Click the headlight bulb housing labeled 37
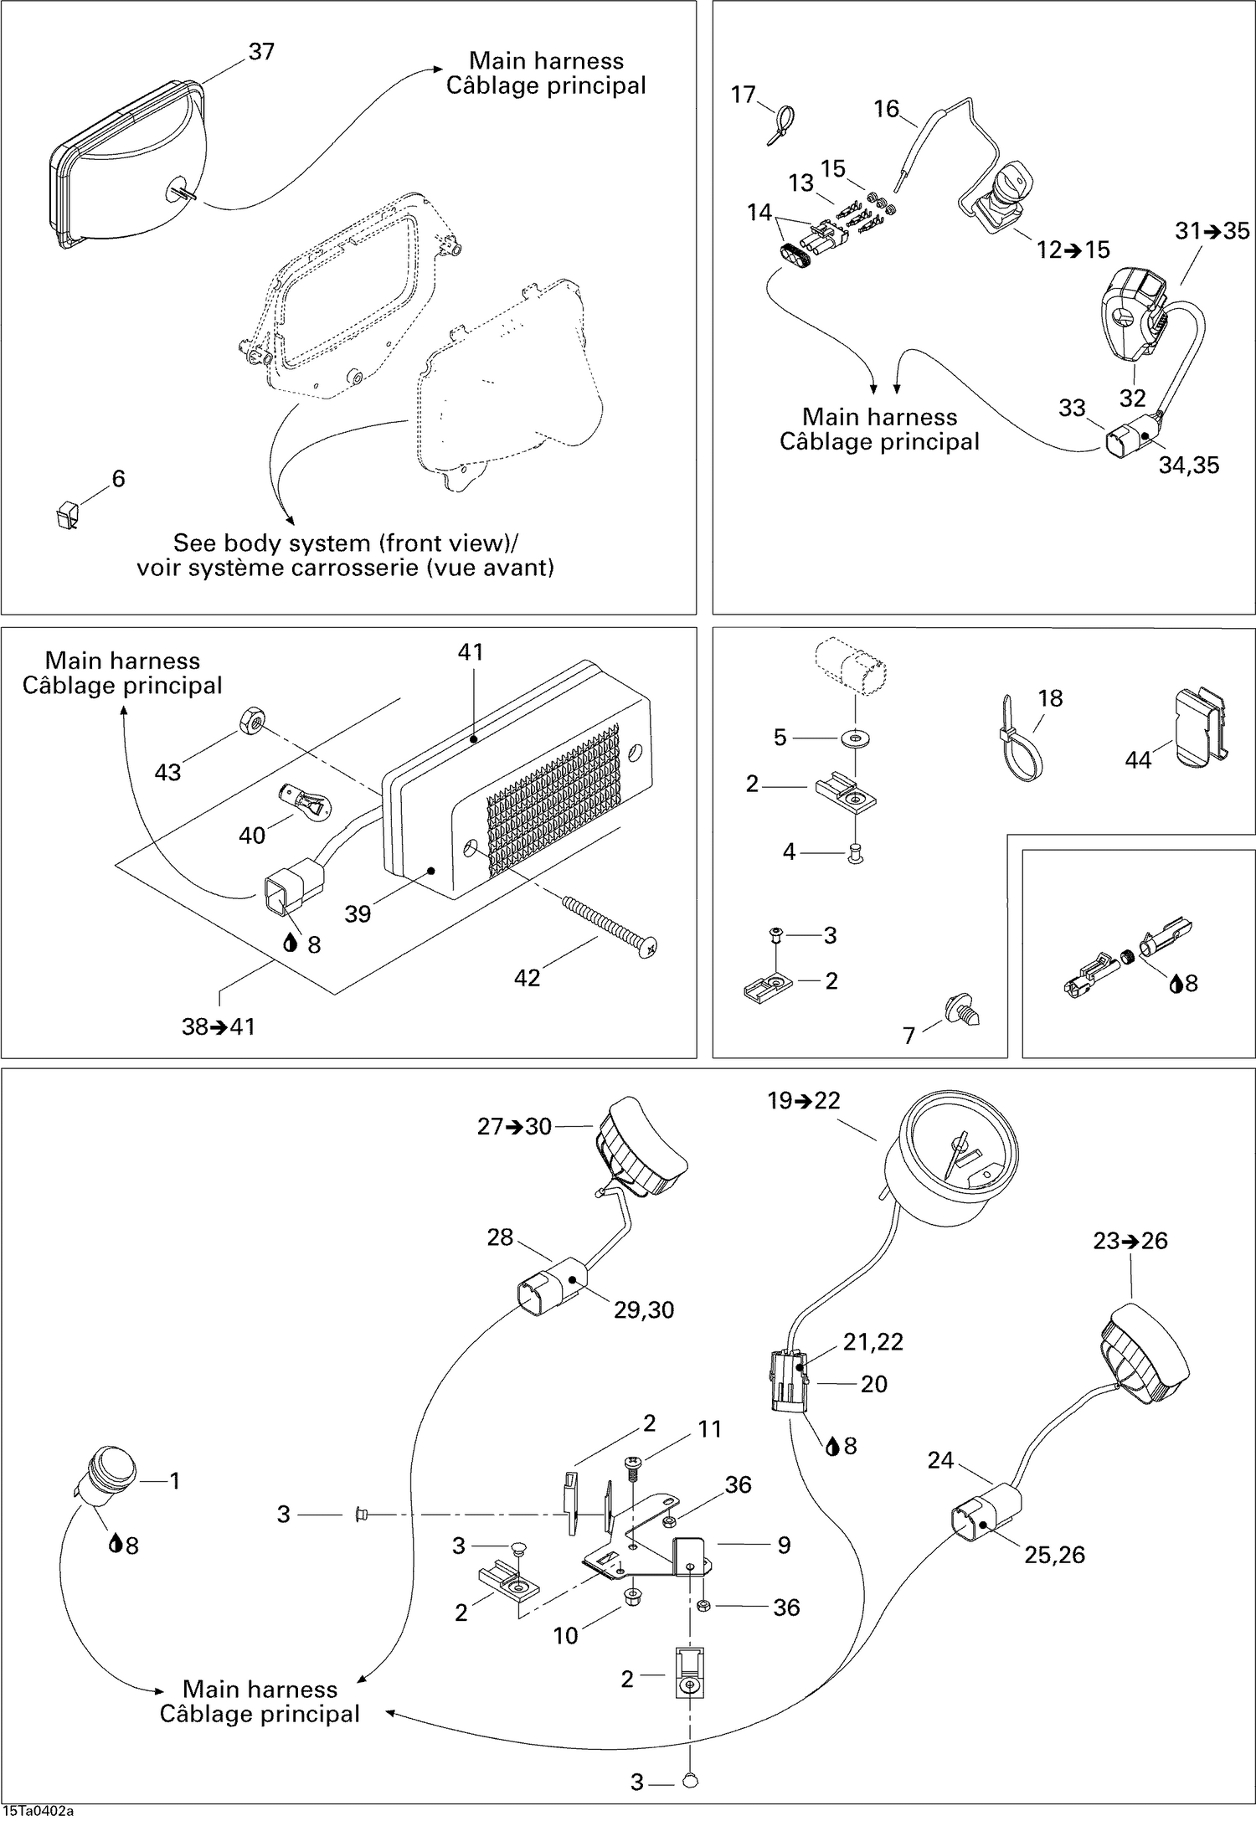pyautogui.click(x=126, y=167)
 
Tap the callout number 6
pyautogui.click(x=118, y=479)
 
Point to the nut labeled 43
pyautogui.click(x=252, y=719)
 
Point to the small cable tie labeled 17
pyautogui.click(x=780, y=124)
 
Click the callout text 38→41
pyautogui.click(x=219, y=1026)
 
